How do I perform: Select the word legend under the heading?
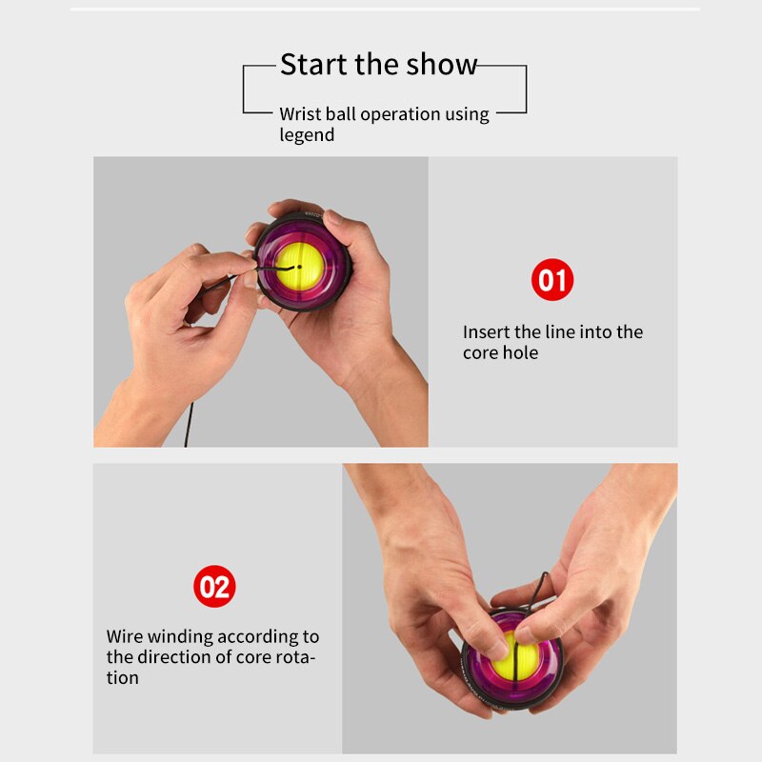307,135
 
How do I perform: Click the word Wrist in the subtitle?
299,114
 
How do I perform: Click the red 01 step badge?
552,280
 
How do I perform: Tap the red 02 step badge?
214,586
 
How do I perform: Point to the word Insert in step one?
487,331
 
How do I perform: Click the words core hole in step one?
500,352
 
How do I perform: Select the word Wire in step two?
125,636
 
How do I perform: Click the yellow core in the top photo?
300,267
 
